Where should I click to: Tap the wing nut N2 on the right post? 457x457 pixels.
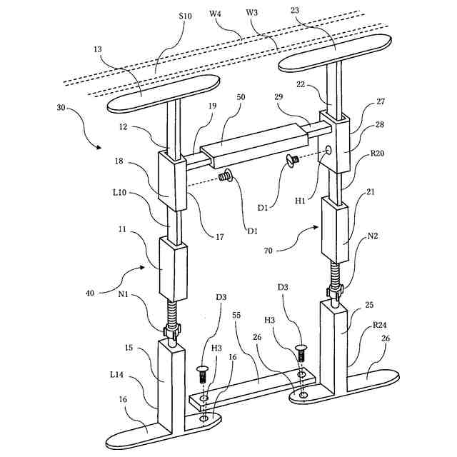334,289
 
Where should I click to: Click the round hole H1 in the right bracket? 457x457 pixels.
328,150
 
